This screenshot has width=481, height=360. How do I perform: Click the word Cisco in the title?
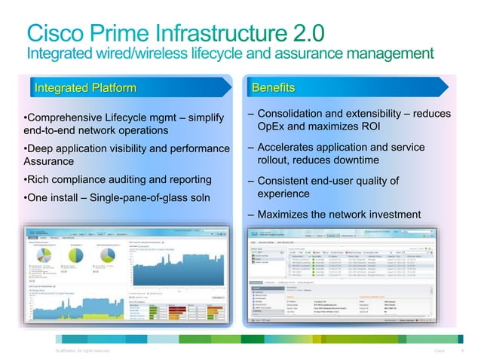click(60, 32)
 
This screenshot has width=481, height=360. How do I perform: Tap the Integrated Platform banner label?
click(85, 89)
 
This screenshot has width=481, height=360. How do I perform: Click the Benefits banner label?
click(273, 89)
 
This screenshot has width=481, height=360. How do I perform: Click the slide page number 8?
click(461, 350)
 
